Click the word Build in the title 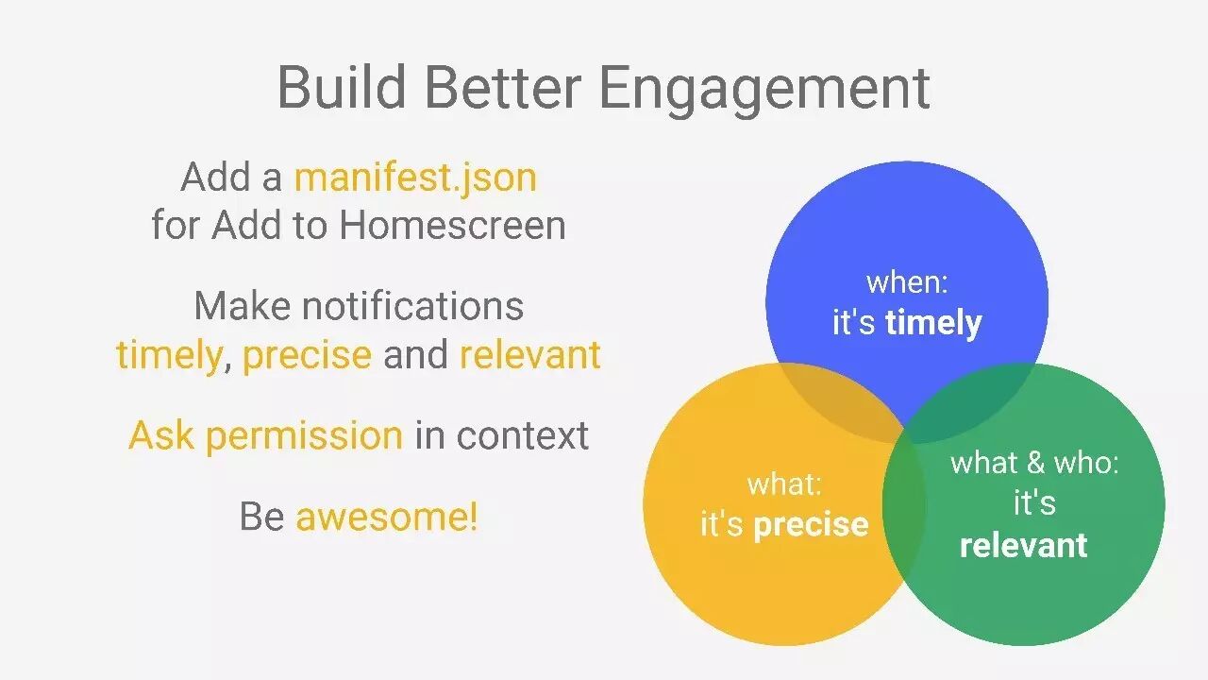pyautogui.click(x=342, y=87)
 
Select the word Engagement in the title pyautogui.click(x=764, y=90)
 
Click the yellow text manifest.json pyautogui.click(x=416, y=178)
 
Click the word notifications pyautogui.click(x=412, y=305)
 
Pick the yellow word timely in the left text pyautogui.click(x=169, y=356)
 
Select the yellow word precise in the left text pyautogui.click(x=308, y=356)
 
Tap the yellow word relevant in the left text pyautogui.click(x=530, y=354)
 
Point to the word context pyautogui.click(x=522, y=435)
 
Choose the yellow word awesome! pyautogui.click(x=387, y=516)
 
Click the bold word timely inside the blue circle pyautogui.click(x=933, y=324)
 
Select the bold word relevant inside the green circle pyautogui.click(x=1024, y=545)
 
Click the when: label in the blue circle pyautogui.click(x=907, y=282)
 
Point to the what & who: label pyautogui.click(x=1034, y=463)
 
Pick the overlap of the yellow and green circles pyautogui.click(x=904, y=504)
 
